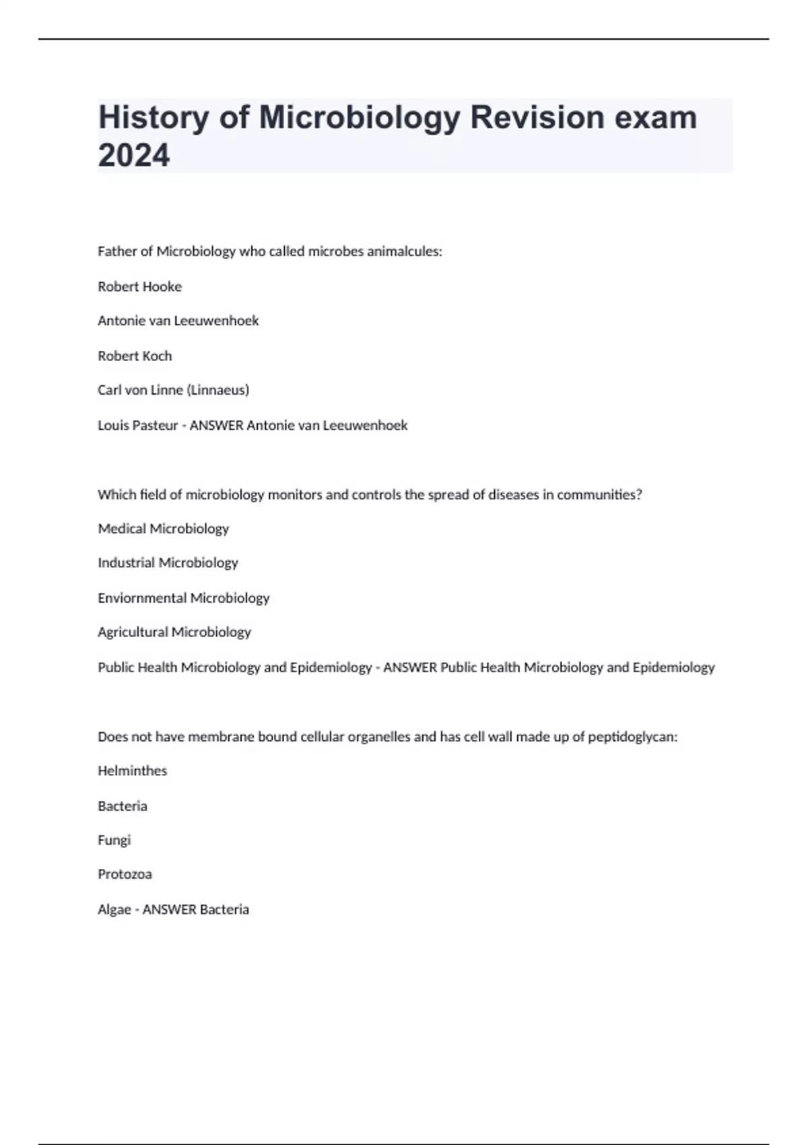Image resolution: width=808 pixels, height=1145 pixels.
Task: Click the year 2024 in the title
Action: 134,156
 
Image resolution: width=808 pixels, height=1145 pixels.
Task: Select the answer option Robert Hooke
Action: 139,286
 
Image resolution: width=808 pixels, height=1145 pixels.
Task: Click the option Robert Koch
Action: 135,356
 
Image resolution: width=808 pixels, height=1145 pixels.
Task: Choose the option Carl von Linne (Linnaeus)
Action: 173,390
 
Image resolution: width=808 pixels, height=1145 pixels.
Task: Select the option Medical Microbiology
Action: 163,529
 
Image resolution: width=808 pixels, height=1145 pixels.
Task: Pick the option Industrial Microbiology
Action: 168,562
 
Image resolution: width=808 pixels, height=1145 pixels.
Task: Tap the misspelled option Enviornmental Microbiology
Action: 183,597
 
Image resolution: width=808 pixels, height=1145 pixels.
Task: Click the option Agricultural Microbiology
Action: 174,632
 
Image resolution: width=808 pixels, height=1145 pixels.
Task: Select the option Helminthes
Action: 132,771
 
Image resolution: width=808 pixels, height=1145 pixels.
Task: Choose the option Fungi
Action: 114,840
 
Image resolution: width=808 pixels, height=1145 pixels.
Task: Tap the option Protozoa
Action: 125,874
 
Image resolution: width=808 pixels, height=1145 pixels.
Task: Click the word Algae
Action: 114,909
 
